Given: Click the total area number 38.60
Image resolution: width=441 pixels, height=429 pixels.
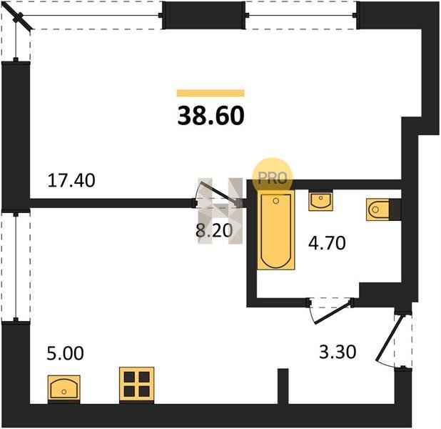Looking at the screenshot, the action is click(x=211, y=116).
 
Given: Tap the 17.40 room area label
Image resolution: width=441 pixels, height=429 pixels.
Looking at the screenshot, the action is click(x=71, y=180).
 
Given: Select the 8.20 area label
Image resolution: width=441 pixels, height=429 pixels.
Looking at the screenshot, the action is click(x=214, y=230).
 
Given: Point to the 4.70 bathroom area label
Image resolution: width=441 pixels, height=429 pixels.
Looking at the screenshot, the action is click(x=327, y=243).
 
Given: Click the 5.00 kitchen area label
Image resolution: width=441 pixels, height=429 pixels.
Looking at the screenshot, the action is click(x=65, y=353).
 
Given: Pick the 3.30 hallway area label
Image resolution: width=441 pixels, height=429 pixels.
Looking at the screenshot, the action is click(x=338, y=352).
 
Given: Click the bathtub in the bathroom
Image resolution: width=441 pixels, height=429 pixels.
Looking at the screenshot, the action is click(x=276, y=230).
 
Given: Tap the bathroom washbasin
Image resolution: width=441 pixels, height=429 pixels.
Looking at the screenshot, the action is click(x=320, y=200).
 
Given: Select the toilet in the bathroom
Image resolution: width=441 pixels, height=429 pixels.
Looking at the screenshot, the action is click(x=377, y=209).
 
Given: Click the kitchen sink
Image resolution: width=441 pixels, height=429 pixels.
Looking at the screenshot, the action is click(x=64, y=389).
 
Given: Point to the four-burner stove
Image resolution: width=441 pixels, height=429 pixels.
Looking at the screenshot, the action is click(x=137, y=385).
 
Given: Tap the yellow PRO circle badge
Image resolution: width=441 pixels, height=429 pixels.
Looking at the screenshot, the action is click(x=273, y=177).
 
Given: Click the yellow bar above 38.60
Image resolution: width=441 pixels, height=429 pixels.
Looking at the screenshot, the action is click(x=211, y=93).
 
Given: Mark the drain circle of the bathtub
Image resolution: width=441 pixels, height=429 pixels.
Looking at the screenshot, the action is click(x=276, y=201).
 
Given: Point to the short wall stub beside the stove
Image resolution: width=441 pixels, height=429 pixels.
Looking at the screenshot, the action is click(x=283, y=386).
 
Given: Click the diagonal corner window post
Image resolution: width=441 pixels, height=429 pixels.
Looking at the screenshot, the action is click(x=19, y=17).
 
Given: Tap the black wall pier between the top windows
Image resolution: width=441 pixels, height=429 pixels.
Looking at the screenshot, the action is click(x=204, y=15).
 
